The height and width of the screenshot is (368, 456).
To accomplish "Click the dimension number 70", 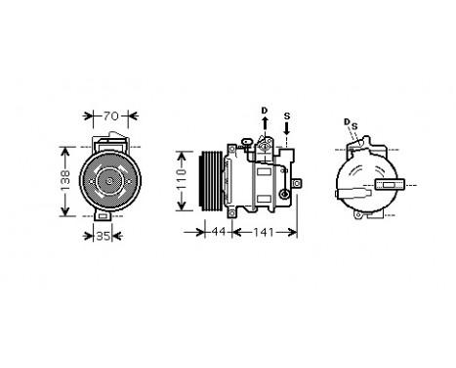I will click(x=113, y=117).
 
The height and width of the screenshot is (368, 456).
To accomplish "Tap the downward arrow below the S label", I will click(x=285, y=130).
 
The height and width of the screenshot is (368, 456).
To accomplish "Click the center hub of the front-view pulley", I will click(x=110, y=182).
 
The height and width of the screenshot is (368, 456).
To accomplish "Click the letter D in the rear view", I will click(x=348, y=121).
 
